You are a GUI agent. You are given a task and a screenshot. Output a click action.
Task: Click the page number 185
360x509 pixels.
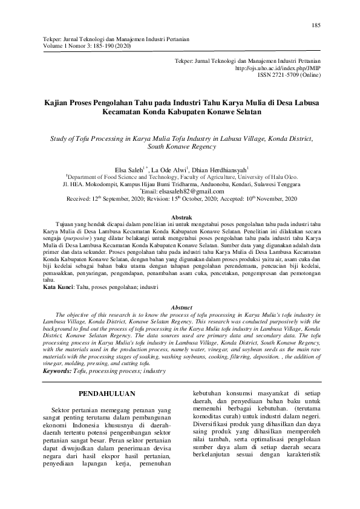point(316,25)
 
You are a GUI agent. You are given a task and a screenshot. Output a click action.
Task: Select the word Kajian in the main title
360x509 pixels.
point(58,103)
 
